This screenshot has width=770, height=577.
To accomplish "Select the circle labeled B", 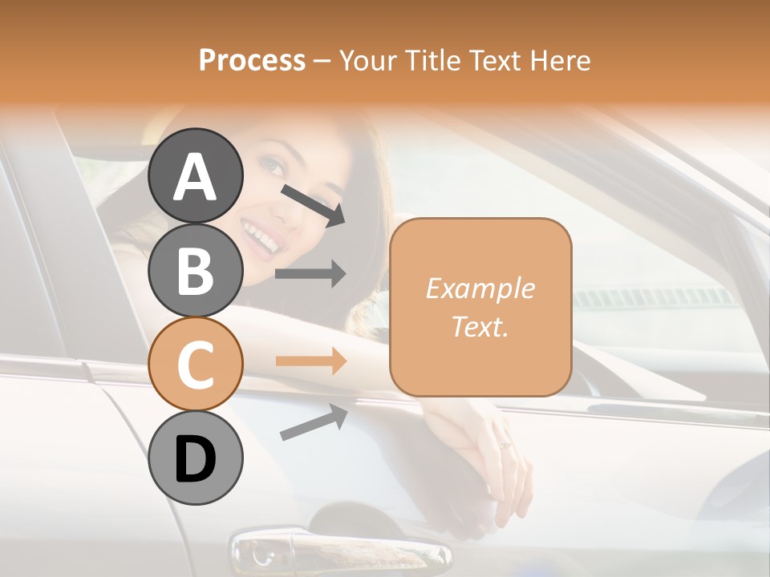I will pos(195,270).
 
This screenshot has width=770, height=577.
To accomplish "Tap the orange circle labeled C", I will pos(195,364).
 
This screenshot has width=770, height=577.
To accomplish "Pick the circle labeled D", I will pos(195,458).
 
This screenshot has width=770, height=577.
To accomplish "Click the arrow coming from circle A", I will pos(313,204).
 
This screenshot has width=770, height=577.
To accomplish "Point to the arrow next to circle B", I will pos(310,274).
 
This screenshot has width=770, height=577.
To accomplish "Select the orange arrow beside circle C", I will pos(310,361).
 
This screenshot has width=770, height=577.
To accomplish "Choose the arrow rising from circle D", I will pos(314,422).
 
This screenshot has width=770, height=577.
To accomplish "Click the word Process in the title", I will pos(252,61).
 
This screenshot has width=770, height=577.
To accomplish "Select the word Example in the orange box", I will pos(480,288).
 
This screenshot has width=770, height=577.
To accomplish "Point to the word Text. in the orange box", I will pos(480,326).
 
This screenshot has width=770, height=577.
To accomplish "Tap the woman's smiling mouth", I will pos(261,237).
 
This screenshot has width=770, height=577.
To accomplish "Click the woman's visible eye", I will pos(274,167).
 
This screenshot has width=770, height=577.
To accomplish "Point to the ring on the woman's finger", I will pos(505,444).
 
